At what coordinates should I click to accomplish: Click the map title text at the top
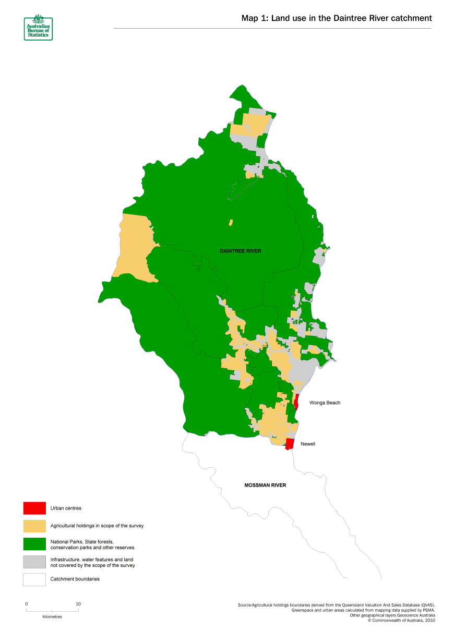tap(337, 18)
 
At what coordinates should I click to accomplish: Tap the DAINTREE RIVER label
tap(240, 251)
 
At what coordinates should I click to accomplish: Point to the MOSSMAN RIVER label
tap(265, 485)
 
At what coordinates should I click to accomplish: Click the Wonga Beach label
tap(325, 403)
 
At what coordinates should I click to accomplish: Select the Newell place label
tap(308, 444)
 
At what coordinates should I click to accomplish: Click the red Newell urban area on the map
tap(290, 444)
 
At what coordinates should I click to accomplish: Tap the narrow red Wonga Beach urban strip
tap(296, 402)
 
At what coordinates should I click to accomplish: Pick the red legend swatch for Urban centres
tap(34, 507)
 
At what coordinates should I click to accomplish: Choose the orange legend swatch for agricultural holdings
tap(34, 526)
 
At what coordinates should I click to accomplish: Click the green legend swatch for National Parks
tap(34, 544)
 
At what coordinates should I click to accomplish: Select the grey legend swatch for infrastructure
tap(34, 562)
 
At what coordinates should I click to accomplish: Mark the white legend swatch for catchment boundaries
tap(34, 579)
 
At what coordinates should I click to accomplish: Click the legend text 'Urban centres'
tap(66, 507)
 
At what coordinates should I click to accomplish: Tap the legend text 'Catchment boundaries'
tap(75, 579)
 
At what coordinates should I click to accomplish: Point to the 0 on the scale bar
tap(27, 604)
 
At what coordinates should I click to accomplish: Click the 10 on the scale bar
tap(78, 604)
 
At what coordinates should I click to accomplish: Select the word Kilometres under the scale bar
tap(52, 616)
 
